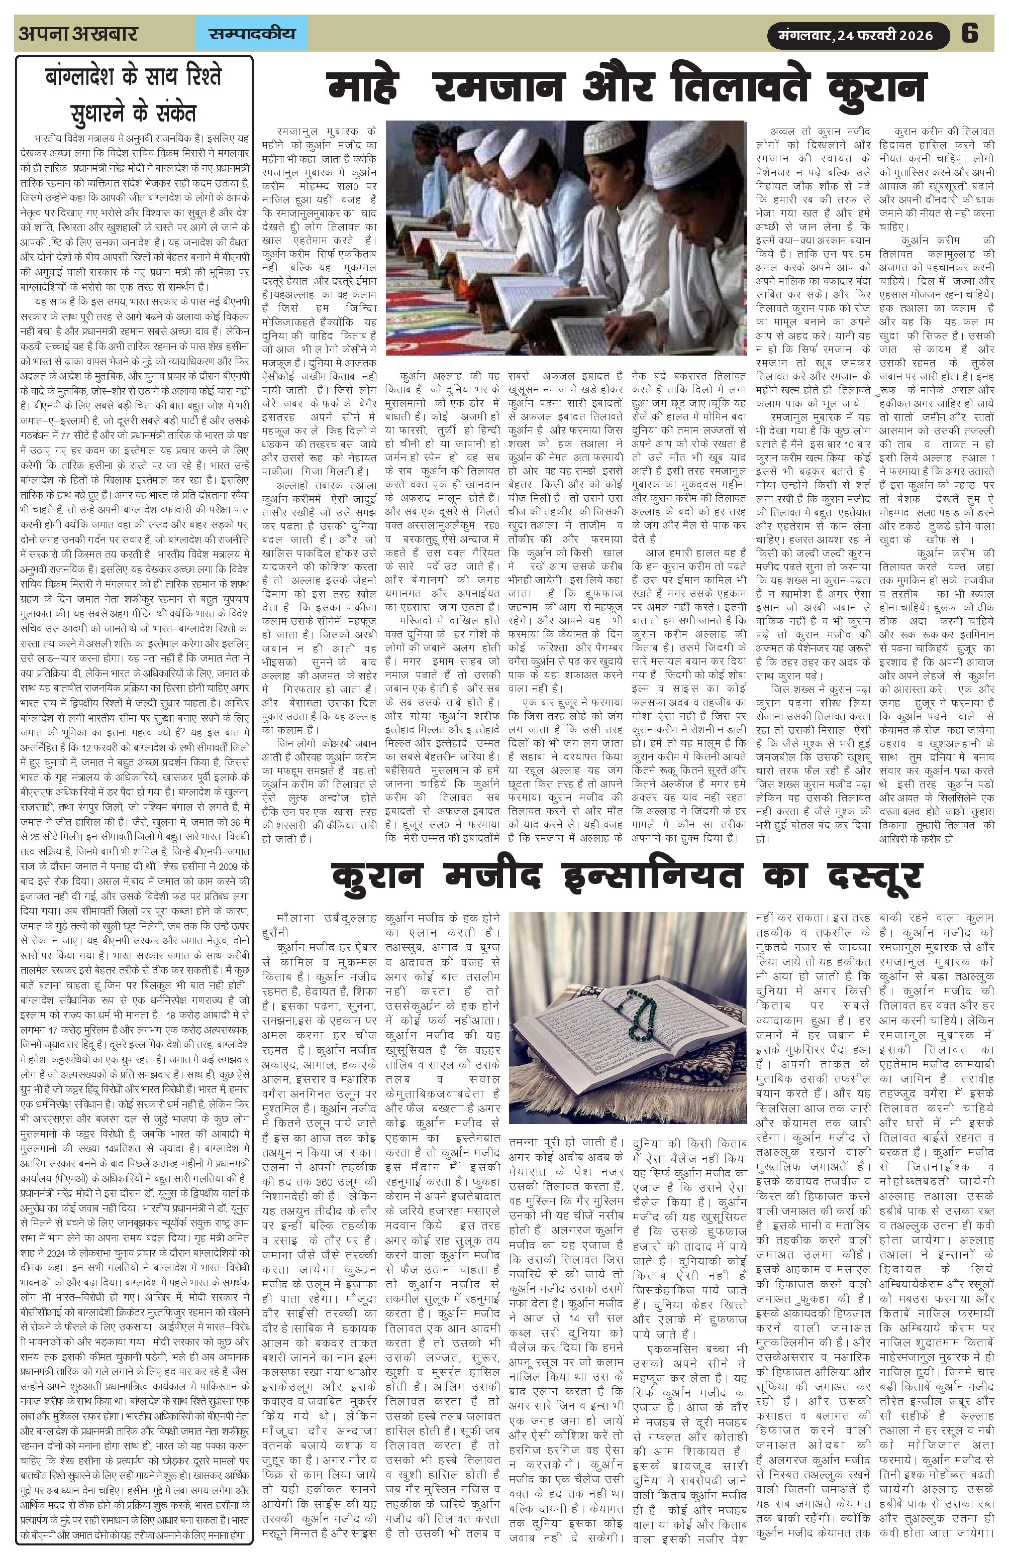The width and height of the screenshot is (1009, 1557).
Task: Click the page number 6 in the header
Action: point(970,33)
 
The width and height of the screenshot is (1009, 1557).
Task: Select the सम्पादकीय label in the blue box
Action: point(252,33)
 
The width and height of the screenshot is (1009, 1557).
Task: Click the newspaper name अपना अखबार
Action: point(78,33)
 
